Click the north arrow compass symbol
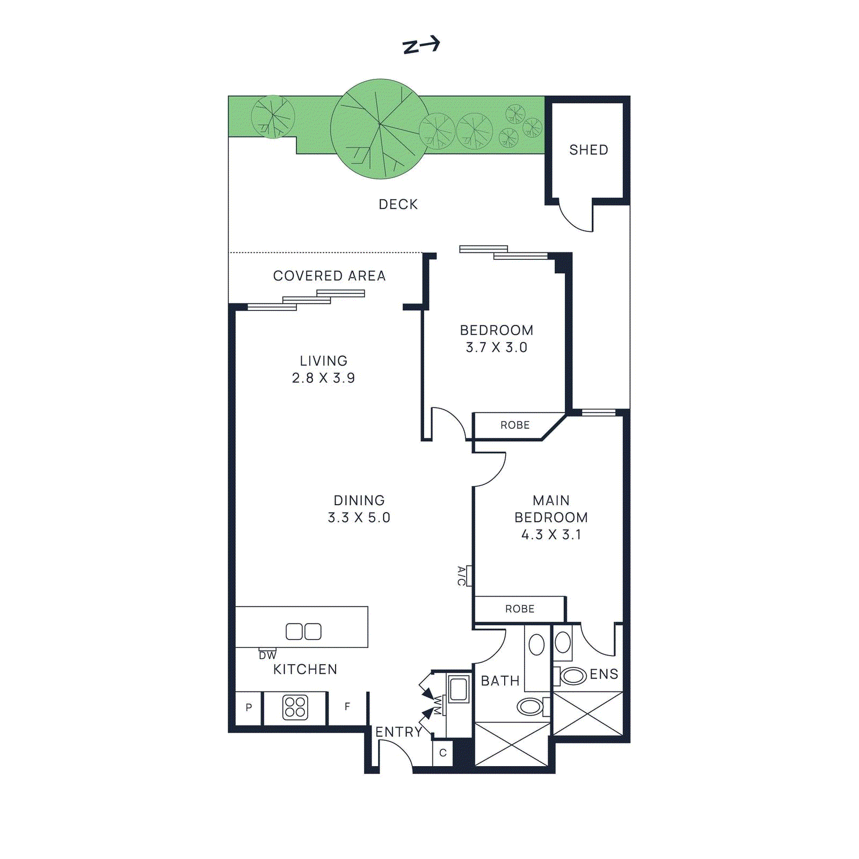(421, 45)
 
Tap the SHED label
(588, 150)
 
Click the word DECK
(398, 205)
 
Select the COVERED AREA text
(329, 276)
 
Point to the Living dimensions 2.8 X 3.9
(323, 378)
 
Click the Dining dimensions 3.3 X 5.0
(359, 518)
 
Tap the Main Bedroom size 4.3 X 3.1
(551, 535)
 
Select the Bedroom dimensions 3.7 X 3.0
(496, 347)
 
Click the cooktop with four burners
(295, 707)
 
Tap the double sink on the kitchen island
(303, 631)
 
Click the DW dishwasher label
(267, 656)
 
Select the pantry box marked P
(249, 708)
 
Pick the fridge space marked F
(347, 707)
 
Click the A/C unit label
(461, 576)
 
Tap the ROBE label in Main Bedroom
(520, 609)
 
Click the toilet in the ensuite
(572, 675)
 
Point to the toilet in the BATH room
(530, 707)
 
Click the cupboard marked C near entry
(443, 753)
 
